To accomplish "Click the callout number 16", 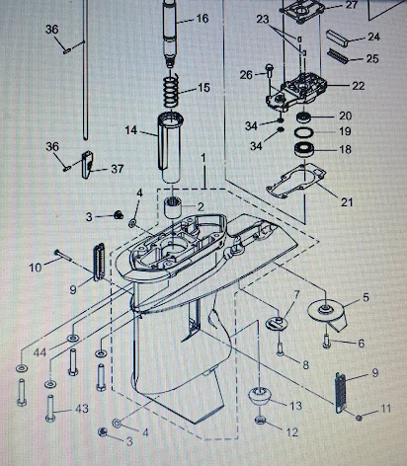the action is click(x=203, y=19).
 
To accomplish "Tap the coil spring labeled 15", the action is click(x=171, y=90).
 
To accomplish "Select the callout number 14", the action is click(x=131, y=130).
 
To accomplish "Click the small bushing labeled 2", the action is click(x=174, y=206).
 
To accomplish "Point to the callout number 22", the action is click(x=359, y=86).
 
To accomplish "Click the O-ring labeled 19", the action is click(x=303, y=132).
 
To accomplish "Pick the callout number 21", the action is click(x=347, y=202).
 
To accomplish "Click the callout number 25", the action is click(x=372, y=58).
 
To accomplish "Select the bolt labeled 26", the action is click(x=270, y=71).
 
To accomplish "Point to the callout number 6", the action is click(x=362, y=344).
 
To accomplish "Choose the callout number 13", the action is click(x=295, y=406).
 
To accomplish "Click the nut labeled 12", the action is click(x=261, y=420).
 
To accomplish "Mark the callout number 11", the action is click(x=385, y=409).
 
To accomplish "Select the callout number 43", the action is click(x=82, y=409).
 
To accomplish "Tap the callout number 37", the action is click(x=118, y=169).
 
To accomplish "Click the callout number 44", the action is click(x=40, y=352).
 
